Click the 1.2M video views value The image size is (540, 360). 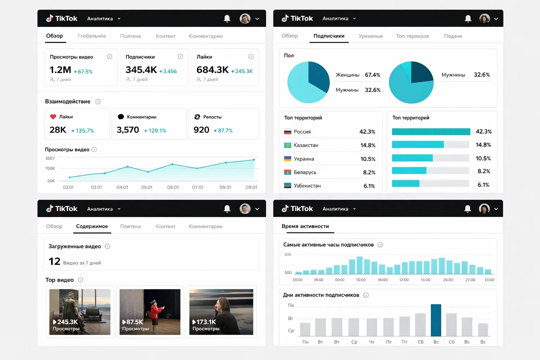tap(60, 70)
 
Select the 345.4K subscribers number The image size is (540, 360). tap(141, 70)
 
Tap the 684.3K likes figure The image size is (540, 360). tap(212, 70)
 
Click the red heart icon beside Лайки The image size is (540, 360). tap(53, 117)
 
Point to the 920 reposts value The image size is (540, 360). tap(201, 130)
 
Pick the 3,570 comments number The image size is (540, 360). tap(128, 130)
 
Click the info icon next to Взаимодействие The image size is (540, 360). tap(98, 102)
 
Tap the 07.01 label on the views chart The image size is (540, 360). tap(198, 187)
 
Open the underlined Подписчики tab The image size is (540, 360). tap(329, 36)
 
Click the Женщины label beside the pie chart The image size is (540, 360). tap(347, 75)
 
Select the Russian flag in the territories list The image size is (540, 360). tap(288, 132)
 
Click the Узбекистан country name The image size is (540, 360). tap(307, 186)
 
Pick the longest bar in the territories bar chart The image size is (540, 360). tap(431, 131)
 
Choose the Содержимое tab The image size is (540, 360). tap(92, 226)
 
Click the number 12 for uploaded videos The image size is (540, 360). tap(54, 261)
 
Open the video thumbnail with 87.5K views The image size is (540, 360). tap(150, 312)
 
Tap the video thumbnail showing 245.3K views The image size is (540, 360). tap(80, 312)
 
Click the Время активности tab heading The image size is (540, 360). tap(305, 226)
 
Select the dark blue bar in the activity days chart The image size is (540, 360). tap(436, 320)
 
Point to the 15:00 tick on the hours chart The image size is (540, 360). tap(361, 280)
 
